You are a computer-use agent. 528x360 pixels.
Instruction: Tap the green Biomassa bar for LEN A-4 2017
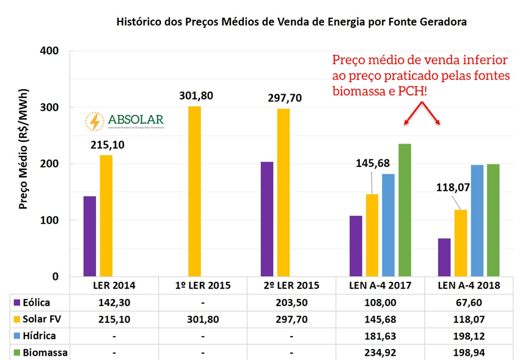(405, 210)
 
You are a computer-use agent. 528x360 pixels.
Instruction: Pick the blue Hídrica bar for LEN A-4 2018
(477, 221)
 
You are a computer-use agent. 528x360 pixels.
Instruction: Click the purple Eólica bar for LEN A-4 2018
(444, 257)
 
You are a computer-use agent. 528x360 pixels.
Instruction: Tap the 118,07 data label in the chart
(453, 187)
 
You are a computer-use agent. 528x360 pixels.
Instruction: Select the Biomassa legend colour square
(15, 353)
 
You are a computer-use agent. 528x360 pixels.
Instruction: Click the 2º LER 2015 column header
(291, 285)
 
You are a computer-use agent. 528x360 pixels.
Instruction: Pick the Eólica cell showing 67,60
(469, 302)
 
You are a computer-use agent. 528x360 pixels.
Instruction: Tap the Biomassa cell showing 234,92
(380, 353)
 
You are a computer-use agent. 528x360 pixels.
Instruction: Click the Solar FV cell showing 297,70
(291, 319)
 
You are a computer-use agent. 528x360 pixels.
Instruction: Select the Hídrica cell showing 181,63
(380, 336)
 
